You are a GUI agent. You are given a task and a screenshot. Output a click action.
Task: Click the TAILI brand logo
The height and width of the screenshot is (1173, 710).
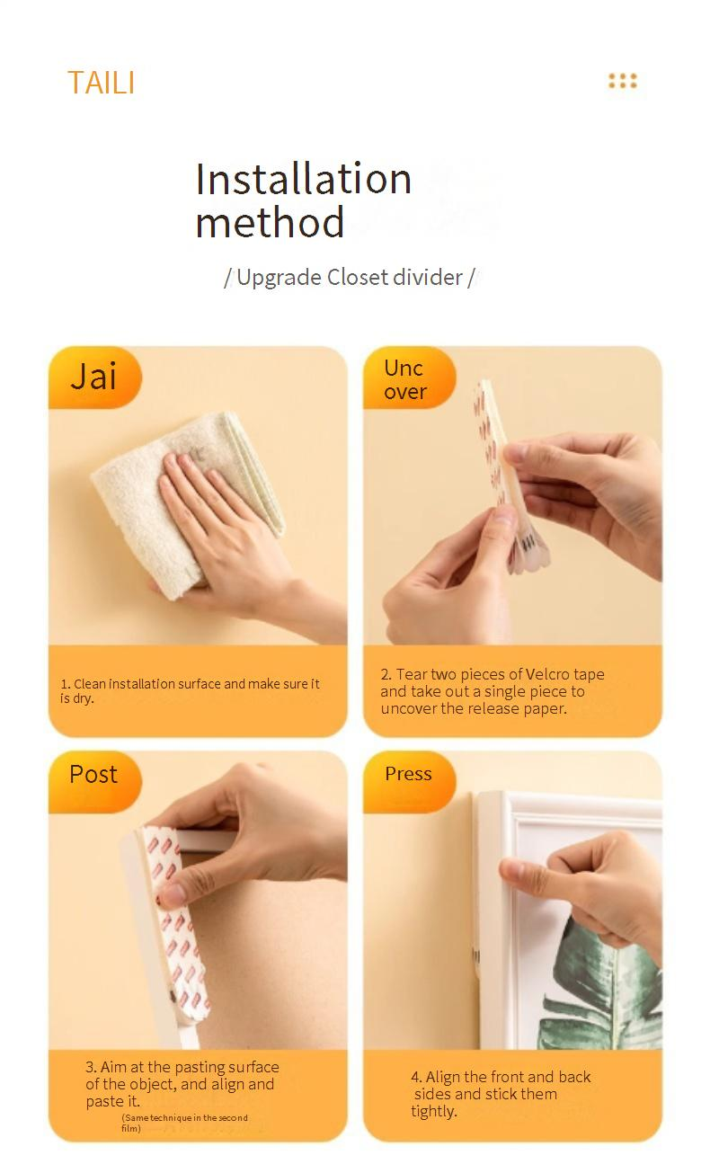pos(101,83)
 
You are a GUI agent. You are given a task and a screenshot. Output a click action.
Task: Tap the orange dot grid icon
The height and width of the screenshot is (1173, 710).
pos(622,81)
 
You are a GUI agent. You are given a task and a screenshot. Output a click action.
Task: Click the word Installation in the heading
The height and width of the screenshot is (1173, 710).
pos(303,179)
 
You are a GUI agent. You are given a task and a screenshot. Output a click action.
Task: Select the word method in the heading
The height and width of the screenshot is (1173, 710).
pos(270,223)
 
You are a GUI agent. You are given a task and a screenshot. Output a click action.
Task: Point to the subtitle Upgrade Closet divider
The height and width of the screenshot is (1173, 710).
pos(350,277)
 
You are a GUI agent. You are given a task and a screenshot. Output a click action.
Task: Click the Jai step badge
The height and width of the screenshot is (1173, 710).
pos(94,377)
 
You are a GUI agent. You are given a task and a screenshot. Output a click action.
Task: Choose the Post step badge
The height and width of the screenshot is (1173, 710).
pos(94,781)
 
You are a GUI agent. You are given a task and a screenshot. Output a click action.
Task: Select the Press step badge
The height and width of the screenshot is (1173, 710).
pos(409,781)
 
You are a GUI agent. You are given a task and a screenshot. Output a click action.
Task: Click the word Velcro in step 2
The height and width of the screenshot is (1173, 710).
pos(547,674)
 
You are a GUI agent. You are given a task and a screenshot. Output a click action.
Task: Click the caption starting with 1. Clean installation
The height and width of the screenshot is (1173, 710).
pos(190,690)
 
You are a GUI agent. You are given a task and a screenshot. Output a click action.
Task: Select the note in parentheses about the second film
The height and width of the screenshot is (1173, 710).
pos(184,1123)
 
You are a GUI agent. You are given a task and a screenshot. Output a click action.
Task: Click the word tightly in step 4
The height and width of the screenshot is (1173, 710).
pos(433,1111)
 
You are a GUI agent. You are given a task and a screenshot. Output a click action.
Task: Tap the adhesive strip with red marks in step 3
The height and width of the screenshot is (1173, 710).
pos(175,921)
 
